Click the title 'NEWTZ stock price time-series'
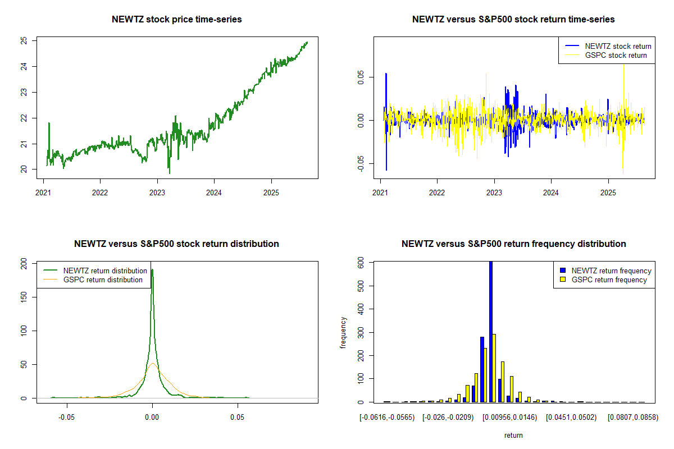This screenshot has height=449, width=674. (177, 20)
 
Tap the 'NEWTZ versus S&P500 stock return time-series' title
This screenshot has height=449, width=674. (513, 20)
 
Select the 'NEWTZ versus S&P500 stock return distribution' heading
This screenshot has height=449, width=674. (177, 244)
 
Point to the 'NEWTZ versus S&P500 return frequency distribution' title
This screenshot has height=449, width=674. (513, 244)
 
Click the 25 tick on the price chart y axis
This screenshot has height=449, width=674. (24, 41)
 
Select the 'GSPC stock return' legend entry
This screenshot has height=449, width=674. (616, 55)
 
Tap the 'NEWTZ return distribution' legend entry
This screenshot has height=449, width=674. (105, 271)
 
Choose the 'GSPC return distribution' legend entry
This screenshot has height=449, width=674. (103, 280)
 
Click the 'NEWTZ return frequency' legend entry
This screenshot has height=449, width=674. (611, 271)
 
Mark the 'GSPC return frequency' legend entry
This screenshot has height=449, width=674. (609, 280)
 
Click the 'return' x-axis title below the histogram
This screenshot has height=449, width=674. (513, 435)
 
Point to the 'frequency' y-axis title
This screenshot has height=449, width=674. (343, 332)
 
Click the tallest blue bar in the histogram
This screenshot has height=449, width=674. (491, 331)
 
